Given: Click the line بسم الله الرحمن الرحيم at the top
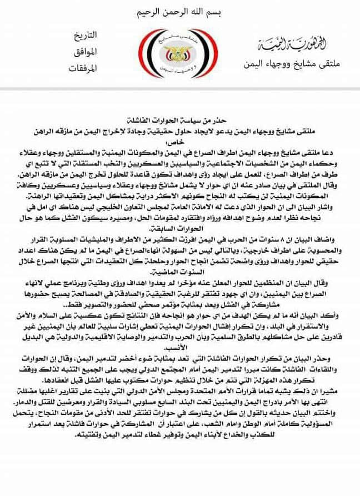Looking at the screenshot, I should pyautogui.click(x=179, y=13).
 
